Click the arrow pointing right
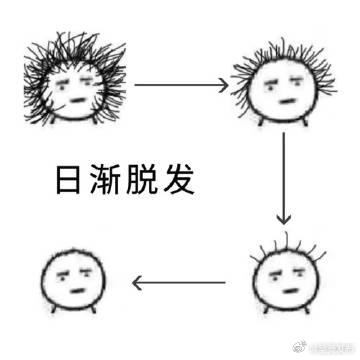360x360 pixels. click(x=180, y=86)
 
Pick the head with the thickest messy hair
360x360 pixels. click(x=75, y=84)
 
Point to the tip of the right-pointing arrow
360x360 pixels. click(x=226, y=86)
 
